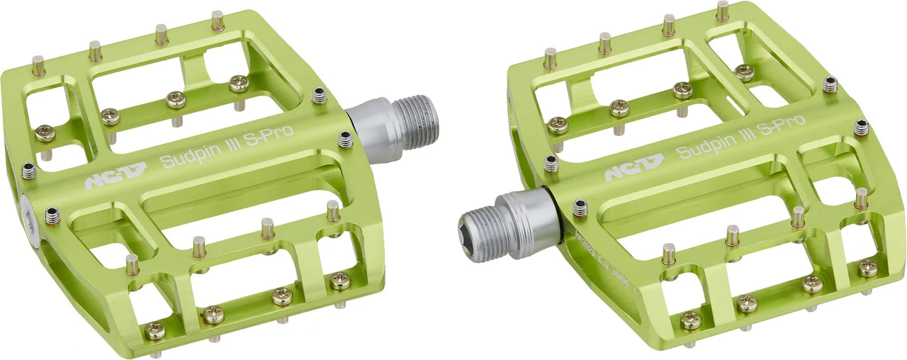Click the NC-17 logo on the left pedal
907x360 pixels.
(x=116, y=175)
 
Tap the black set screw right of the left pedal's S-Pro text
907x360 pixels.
(x=346, y=140)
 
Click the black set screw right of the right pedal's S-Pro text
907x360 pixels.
(x=861, y=128)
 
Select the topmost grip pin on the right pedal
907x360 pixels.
(x=722, y=10)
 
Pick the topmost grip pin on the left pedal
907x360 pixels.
(x=218, y=20)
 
